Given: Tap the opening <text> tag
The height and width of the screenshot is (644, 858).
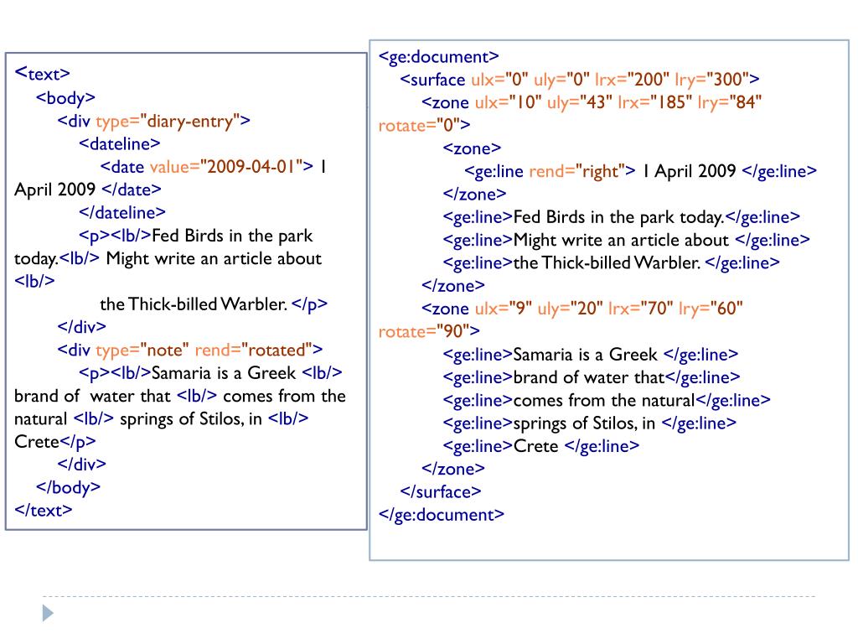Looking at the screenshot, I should (x=43, y=73).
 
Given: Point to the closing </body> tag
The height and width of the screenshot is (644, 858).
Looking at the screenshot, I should (x=69, y=486).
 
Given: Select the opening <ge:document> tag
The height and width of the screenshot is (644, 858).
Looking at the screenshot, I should (x=439, y=57).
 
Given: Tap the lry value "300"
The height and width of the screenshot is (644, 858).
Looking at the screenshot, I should (x=729, y=80).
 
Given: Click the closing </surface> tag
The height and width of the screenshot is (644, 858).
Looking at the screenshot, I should (x=442, y=491).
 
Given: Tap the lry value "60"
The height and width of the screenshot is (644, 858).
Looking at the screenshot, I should (x=725, y=309).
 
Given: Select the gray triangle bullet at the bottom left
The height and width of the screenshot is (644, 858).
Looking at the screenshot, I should (x=48, y=613).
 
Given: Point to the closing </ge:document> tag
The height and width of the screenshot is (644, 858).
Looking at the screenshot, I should (x=442, y=514).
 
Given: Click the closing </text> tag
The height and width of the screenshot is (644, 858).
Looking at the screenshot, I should (x=44, y=509).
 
